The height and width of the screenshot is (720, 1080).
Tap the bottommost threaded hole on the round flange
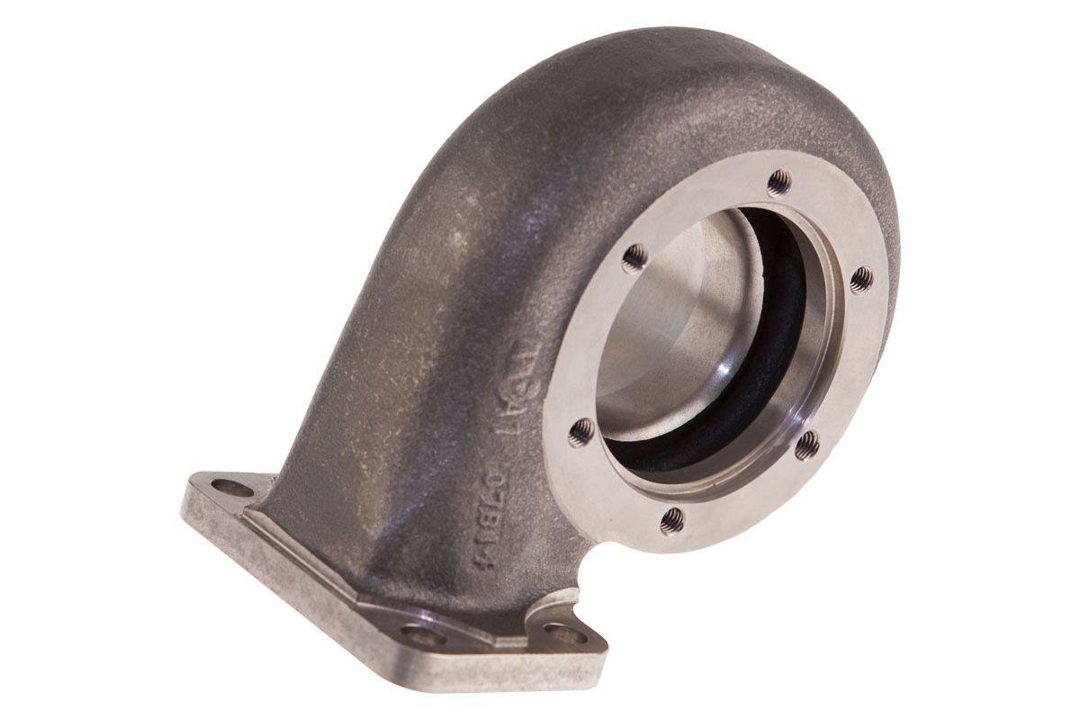click(x=670, y=519)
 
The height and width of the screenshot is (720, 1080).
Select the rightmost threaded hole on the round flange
click(x=860, y=279)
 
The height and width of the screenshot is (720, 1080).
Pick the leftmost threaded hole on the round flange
click(x=581, y=432)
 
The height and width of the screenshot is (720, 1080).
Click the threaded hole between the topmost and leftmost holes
click(x=634, y=256)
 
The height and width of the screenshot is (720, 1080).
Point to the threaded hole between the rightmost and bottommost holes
click(x=805, y=443)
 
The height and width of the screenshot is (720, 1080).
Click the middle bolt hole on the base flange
click(x=423, y=635)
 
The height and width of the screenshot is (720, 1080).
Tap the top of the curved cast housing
click(x=630, y=54)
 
